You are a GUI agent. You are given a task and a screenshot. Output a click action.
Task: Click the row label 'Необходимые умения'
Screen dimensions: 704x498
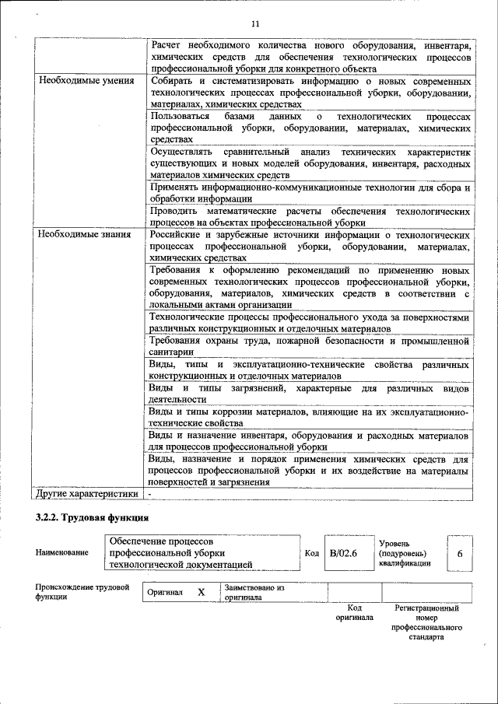[79, 80]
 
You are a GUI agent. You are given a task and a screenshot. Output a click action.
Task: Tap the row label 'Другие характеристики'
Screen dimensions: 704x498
[87, 493]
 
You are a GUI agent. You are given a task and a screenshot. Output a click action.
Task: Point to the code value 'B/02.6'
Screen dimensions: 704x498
[342, 553]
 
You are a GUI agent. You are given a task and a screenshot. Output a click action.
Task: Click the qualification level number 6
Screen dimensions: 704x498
[459, 553]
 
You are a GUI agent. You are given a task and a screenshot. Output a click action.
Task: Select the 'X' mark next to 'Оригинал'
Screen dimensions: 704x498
[201, 592]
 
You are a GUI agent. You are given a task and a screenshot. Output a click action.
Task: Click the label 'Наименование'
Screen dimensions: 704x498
[61, 553]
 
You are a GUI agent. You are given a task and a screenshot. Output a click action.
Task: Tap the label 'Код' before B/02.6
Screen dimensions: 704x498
[311, 553]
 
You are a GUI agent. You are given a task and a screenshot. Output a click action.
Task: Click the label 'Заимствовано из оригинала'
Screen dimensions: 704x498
[254, 592]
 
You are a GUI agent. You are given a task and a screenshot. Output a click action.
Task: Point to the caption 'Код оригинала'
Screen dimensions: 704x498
[354, 612]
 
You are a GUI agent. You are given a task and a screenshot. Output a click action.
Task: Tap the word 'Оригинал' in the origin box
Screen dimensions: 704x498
[166, 593]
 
